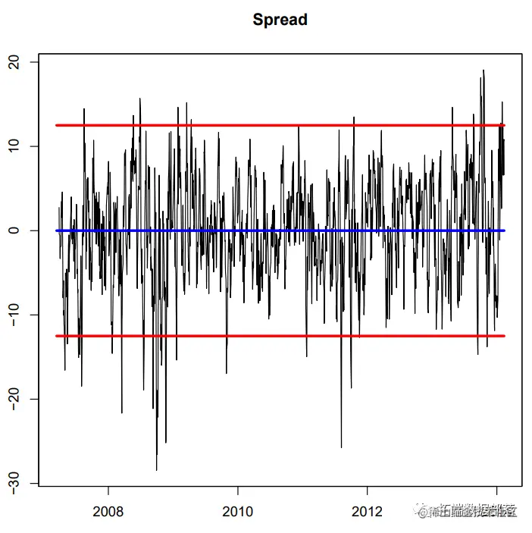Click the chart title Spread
pos(280,20)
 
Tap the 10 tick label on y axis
pos(16,146)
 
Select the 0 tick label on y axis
pos(16,230)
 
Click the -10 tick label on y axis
pos(16,315)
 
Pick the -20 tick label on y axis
pos(16,399)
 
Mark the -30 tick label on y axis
pos(16,483)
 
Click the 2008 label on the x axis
pos(108,510)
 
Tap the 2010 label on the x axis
pos(238,510)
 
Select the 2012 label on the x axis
pos(368,510)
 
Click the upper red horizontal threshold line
pos(280,125)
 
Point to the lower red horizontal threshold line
pos(280,335)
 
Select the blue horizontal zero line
pos(280,230)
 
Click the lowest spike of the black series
pos(157,470)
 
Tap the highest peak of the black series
pos(483,71)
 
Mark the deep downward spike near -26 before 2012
pos(341,447)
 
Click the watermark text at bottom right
pos(470,512)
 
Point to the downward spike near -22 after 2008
pos(122,412)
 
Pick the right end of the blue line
pos(504,230)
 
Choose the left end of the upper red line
pos(57,125)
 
